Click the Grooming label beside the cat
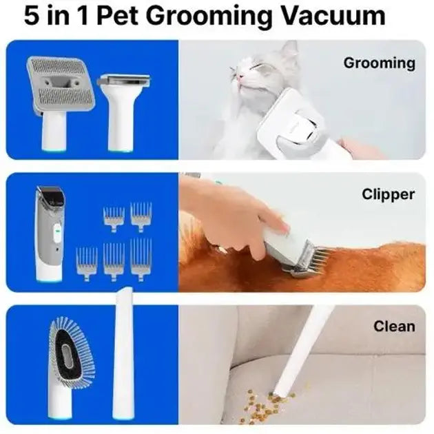[379, 63]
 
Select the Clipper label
[389, 194]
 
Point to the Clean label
[394, 327]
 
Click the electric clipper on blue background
[50, 234]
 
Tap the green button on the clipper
[58, 230]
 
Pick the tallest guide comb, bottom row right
[141, 259]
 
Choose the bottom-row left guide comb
[86, 264]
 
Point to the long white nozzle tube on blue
[123, 353]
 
